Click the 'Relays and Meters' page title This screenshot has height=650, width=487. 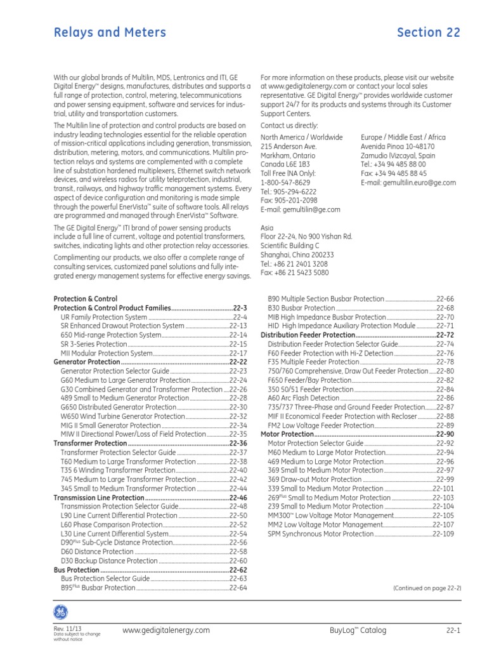[x=110, y=32]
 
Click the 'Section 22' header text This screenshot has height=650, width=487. [x=428, y=32]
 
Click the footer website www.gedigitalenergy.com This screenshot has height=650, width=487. [x=166, y=630]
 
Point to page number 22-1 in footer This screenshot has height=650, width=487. [x=453, y=630]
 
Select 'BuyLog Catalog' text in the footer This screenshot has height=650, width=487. [x=358, y=630]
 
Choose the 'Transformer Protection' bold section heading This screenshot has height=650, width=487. [x=90, y=443]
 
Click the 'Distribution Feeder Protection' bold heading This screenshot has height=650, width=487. [x=308, y=334]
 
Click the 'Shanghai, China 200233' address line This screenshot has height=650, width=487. [x=297, y=255]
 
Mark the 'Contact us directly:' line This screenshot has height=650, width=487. [x=289, y=126]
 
